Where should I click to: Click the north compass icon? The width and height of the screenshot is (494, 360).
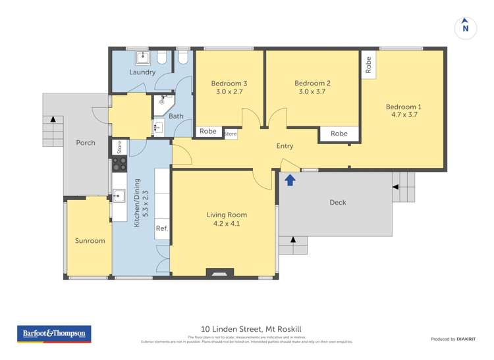(x=465, y=27)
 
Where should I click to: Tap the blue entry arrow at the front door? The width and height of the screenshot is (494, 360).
(x=289, y=180)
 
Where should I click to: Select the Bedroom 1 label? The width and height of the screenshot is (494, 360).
(x=403, y=107)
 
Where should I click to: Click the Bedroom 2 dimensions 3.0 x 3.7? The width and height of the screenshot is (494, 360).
(x=312, y=93)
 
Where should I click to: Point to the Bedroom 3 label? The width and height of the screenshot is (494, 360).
(x=229, y=84)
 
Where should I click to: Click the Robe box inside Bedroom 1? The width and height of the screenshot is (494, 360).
(x=368, y=64)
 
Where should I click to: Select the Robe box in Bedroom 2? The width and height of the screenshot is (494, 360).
(x=339, y=134)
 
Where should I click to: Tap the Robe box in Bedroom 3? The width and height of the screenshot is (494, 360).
(x=208, y=131)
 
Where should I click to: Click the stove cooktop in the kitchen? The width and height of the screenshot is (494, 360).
(x=119, y=163)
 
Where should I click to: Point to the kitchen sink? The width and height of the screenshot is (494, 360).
(x=119, y=195)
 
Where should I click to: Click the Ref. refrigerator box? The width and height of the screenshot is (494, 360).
(x=162, y=228)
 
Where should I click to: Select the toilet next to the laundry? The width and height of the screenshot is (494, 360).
(x=183, y=58)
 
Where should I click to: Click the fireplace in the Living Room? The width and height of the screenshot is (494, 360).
(x=215, y=271)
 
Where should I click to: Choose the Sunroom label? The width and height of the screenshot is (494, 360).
(x=89, y=241)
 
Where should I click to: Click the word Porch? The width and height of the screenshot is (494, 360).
(x=86, y=143)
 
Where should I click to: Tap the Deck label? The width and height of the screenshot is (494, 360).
(x=337, y=202)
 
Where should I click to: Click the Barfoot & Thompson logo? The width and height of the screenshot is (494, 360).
(x=53, y=334)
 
